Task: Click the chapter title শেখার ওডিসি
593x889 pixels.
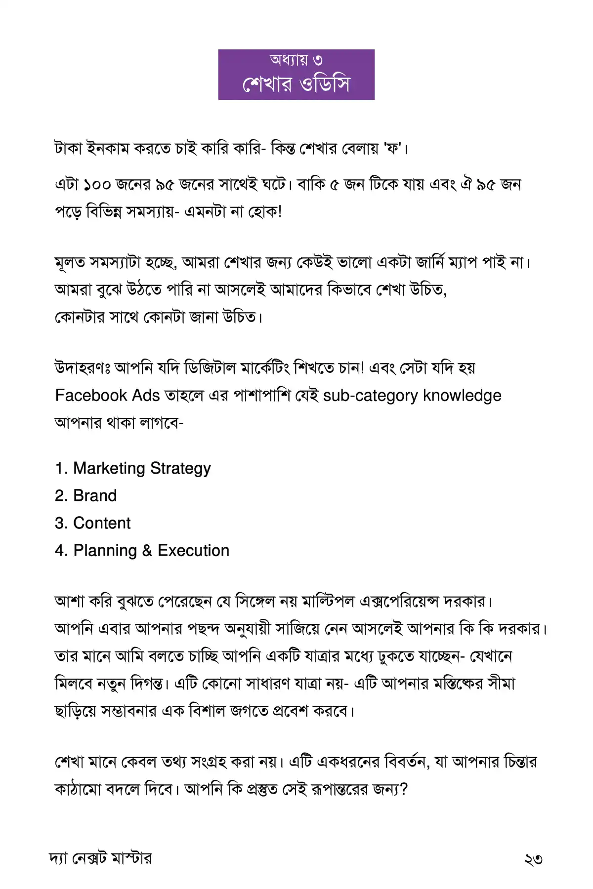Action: click(x=296, y=84)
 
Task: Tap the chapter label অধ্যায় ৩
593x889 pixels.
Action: click(x=296, y=60)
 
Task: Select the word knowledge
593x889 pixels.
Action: click(x=462, y=395)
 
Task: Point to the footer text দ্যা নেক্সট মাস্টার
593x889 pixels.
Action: click(x=101, y=858)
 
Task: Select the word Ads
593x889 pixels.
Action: click(x=146, y=395)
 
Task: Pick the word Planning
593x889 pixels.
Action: click(x=105, y=550)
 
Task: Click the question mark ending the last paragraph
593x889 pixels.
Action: click(x=404, y=789)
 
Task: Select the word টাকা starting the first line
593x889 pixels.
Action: click(x=68, y=148)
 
